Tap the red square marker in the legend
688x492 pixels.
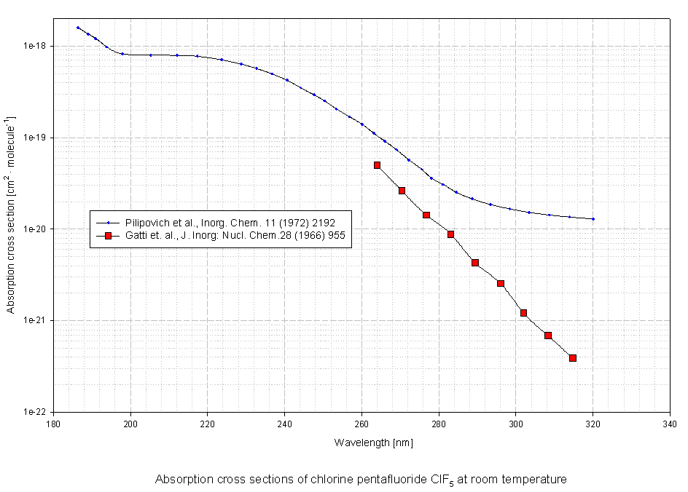(108, 236)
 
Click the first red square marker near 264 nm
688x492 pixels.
(377, 165)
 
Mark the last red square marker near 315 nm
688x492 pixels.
(573, 358)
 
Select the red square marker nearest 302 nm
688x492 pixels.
(523, 313)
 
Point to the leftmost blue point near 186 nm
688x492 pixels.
(77, 28)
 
